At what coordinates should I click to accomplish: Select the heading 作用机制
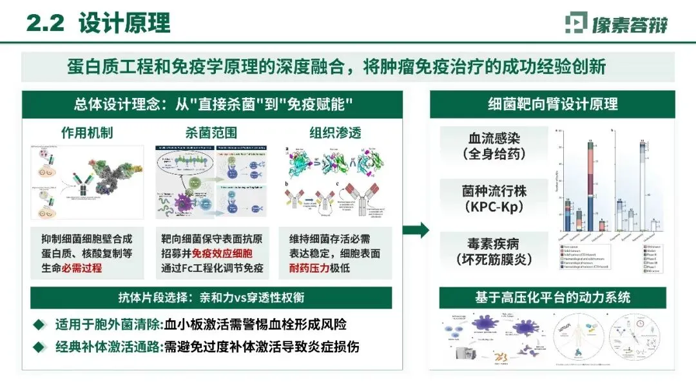(87, 133)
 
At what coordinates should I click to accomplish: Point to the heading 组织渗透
(335, 133)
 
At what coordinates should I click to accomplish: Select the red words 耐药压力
(310, 268)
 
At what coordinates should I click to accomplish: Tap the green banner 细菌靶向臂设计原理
(552, 104)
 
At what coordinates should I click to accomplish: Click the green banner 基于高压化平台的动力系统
(552, 298)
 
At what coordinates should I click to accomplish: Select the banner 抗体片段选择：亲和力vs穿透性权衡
(212, 297)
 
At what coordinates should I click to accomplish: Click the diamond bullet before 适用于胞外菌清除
(41, 324)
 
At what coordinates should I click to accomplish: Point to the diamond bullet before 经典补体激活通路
(41, 346)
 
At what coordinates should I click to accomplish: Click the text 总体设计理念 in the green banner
(113, 104)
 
